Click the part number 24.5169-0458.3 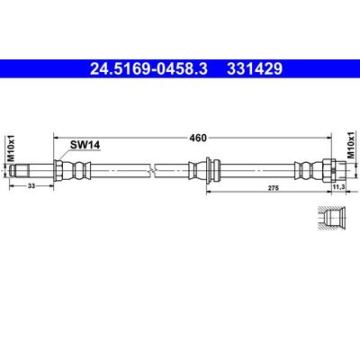(x=148, y=69)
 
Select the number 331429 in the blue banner (x=255, y=69)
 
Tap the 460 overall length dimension (x=198, y=138)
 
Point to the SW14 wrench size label (x=85, y=145)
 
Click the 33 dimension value (x=31, y=186)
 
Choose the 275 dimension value (x=274, y=188)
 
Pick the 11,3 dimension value (x=338, y=187)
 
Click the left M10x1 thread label (x=11, y=148)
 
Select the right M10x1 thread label (x=350, y=145)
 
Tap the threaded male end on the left (x=19, y=170)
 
